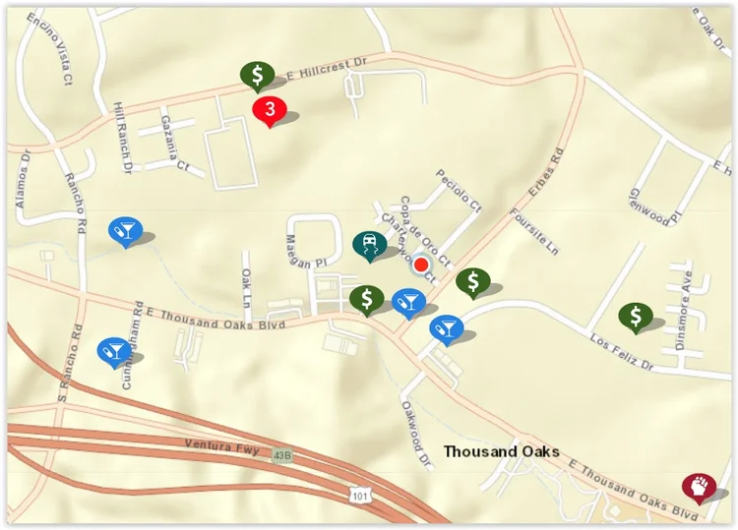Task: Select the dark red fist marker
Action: coord(698,485)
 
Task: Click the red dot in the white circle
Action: coord(421,265)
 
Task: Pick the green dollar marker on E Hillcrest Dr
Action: coord(257,75)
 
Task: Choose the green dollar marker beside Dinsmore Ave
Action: coord(636,316)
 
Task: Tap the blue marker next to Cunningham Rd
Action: coord(112,350)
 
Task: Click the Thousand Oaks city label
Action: coord(501,451)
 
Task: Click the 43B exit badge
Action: coord(283,455)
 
